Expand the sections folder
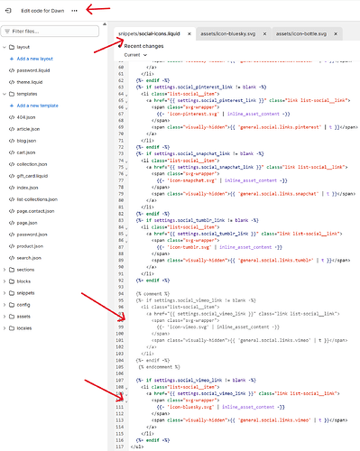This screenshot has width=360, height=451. [27, 269]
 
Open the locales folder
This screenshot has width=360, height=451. [26, 328]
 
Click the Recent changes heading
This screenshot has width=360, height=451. [143, 44]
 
